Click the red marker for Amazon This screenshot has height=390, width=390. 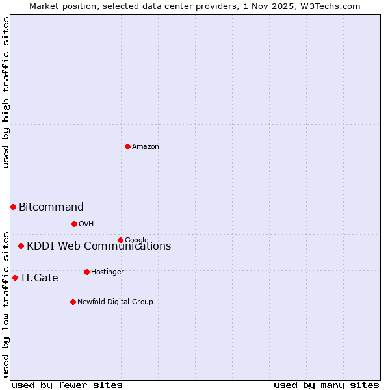(x=127, y=146)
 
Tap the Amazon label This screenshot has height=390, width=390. (x=146, y=146)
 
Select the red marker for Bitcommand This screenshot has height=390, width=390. (x=13, y=207)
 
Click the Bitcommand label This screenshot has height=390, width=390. (x=51, y=207)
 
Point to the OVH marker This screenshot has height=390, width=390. (x=74, y=224)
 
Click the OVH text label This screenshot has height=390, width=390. (x=86, y=224)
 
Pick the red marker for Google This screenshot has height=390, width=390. (x=120, y=240)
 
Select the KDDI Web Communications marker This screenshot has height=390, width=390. (x=21, y=246)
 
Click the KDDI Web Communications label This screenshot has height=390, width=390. (x=99, y=246)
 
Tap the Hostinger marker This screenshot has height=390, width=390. (x=86, y=272)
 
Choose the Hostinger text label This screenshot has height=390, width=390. (x=107, y=272)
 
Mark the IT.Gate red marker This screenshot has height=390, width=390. (x=15, y=278)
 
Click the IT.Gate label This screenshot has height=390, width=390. (x=40, y=278)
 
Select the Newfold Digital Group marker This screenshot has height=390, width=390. (x=73, y=302)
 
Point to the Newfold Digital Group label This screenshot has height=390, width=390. (x=115, y=302)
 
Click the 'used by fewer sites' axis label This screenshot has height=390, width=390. (x=67, y=385)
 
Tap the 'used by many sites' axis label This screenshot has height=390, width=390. (x=326, y=385)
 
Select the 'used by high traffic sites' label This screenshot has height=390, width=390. (x=6, y=92)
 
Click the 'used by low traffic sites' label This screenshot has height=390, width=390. (x=6, y=304)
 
